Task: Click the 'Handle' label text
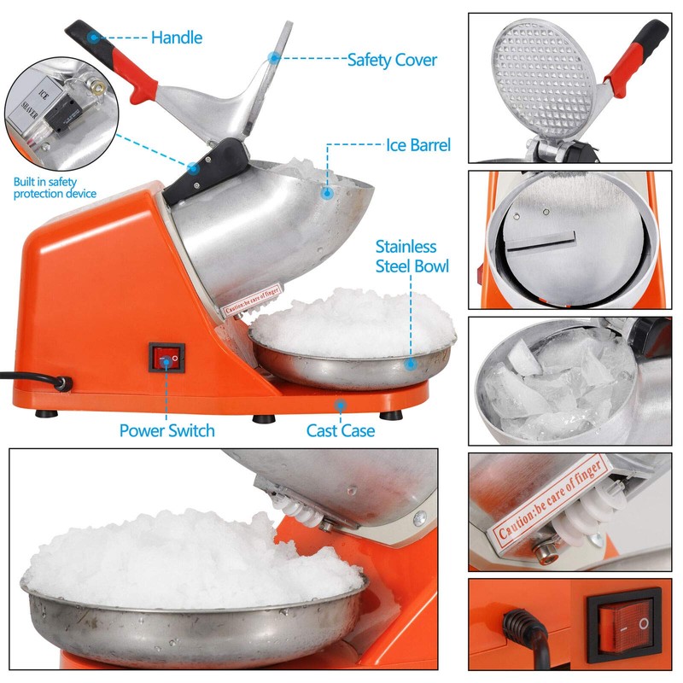(177, 38)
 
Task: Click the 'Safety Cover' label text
(392, 60)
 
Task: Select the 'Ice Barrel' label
(417, 145)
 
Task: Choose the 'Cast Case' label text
(341, 430)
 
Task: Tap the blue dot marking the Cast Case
(340, 406)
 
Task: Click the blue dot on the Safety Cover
(273, 58)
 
